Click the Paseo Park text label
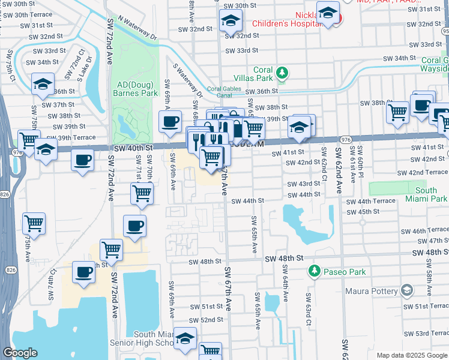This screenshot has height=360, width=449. (x=343, y=272)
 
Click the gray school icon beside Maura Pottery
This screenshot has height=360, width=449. (x=408, y=292)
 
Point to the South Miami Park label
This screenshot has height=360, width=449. (x=430, y=194)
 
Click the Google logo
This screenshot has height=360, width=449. (x=20, y=353)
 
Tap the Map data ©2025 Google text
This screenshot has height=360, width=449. (x=411, y=356)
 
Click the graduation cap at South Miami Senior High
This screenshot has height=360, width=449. (x=185, y=338)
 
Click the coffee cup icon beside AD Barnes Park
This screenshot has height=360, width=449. (x=170, y=122)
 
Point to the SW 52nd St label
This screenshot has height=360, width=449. (x=203, y=320)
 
